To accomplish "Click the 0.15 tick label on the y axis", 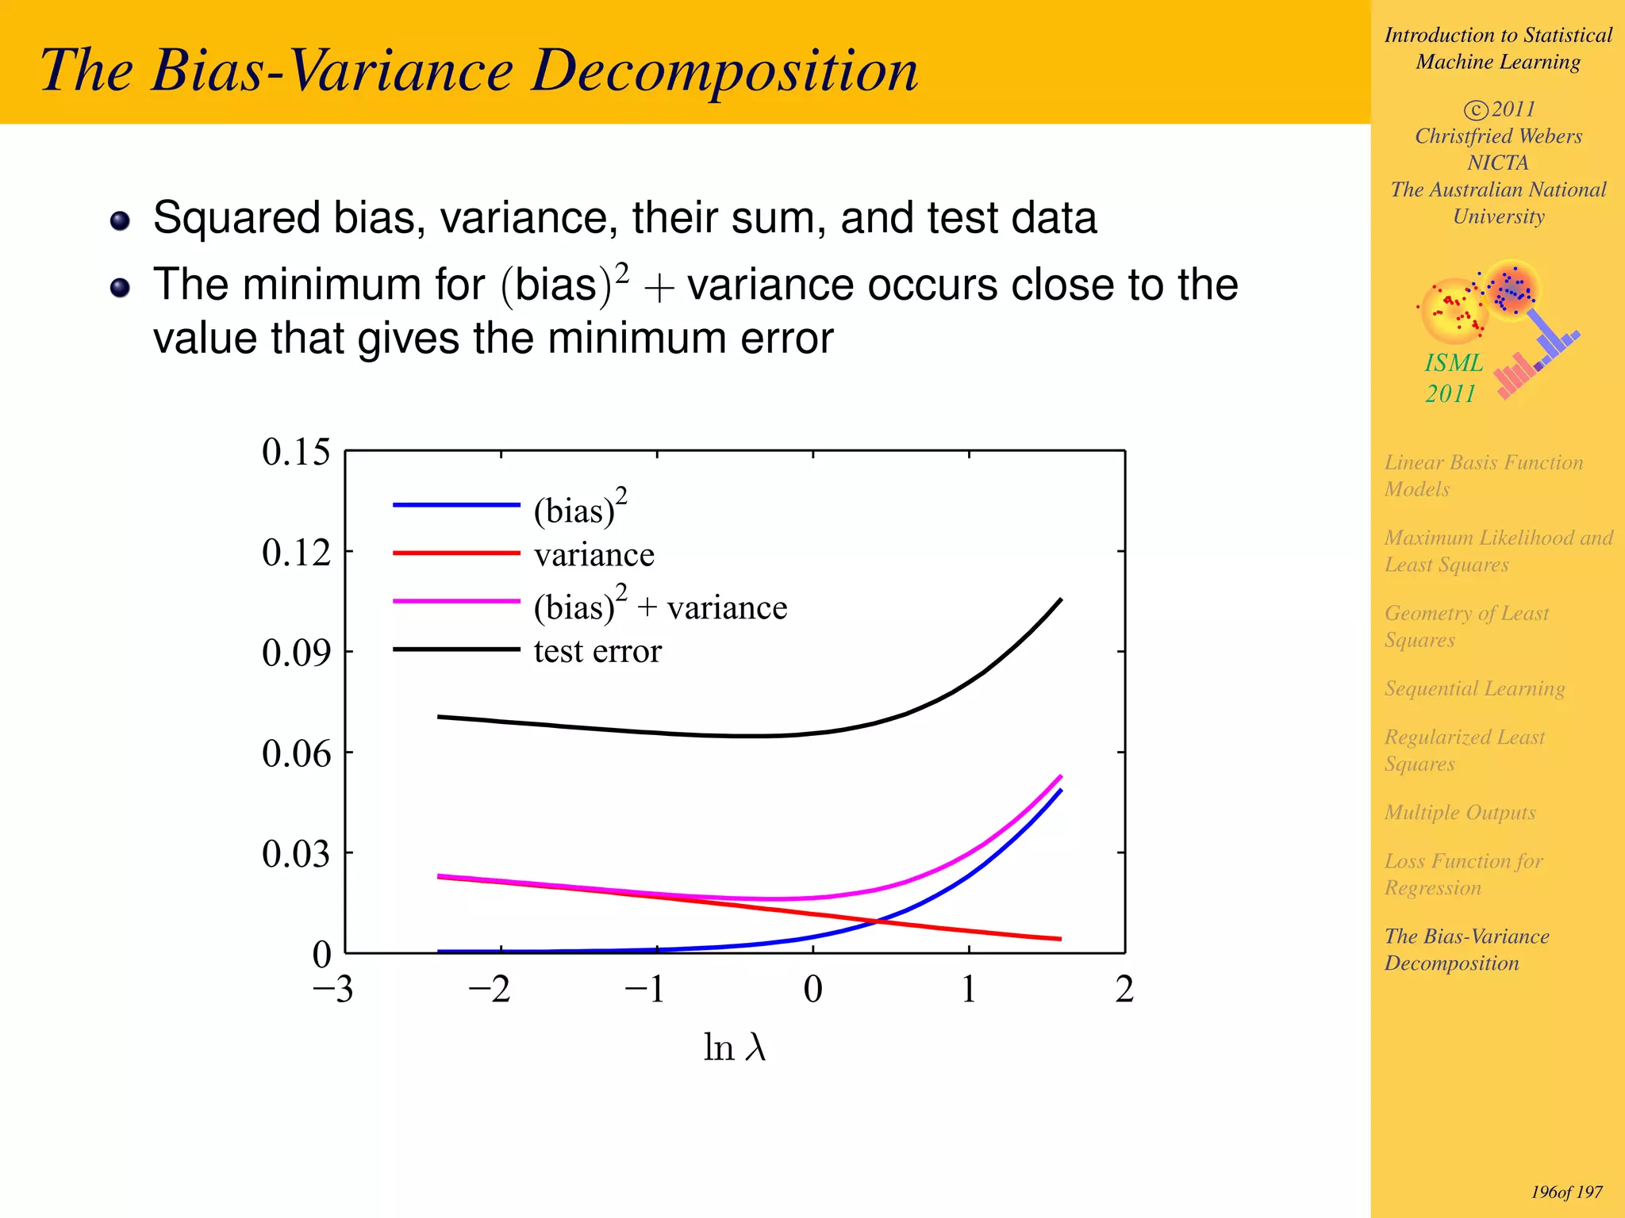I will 295,452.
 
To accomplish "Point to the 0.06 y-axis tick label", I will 295,753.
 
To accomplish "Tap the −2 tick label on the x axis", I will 489,989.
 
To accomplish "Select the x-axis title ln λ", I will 734,1048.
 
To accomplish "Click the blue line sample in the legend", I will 456,504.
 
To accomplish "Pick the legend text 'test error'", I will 597,651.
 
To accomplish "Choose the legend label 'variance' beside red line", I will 594,555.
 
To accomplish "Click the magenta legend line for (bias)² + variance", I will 456,601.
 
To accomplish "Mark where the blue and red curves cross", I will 876,921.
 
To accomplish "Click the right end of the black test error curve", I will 1060,600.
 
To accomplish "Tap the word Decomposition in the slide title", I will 724,71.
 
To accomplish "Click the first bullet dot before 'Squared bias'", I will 120,220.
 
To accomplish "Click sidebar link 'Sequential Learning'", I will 1474,688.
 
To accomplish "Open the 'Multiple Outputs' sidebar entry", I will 1459,813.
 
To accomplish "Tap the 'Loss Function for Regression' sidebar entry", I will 1463,874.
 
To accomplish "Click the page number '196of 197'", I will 1566,1192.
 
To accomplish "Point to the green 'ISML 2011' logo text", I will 1452,378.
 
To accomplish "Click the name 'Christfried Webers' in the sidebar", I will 1498,136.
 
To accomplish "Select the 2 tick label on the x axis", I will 1124,989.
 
